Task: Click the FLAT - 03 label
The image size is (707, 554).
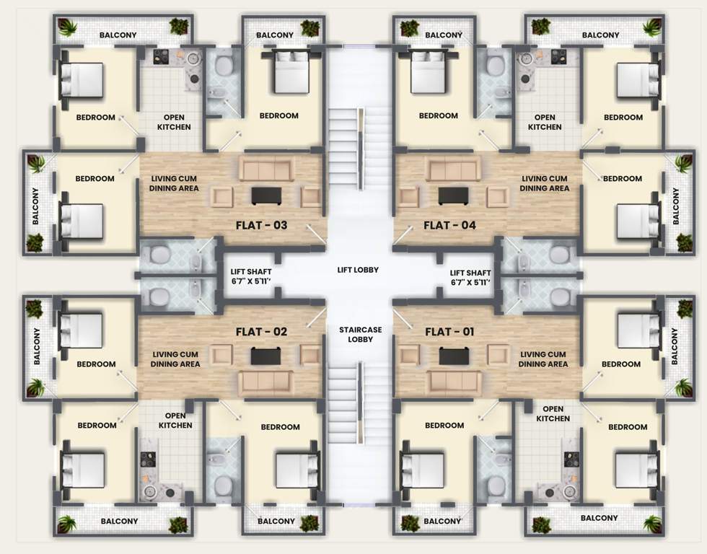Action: [261, 225]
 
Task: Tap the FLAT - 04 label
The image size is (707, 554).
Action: [449, 225]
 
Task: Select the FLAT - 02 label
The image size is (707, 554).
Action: [261, 332]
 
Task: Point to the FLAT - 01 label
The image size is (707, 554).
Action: [449, 332]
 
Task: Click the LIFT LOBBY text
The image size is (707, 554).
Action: [358, 271]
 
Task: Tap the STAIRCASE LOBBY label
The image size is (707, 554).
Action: [360, 334]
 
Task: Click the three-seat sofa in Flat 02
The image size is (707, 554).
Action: [266, 381]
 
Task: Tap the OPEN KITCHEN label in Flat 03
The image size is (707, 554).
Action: [174, 122]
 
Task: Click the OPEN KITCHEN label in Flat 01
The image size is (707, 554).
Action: [553, 413]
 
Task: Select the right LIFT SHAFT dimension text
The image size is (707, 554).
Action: [470, 277]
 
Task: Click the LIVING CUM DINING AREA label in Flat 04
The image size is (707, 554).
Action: [545, 183]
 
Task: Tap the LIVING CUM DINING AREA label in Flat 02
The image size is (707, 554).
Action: [175, 359]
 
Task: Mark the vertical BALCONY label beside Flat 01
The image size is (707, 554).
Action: [676, 346]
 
